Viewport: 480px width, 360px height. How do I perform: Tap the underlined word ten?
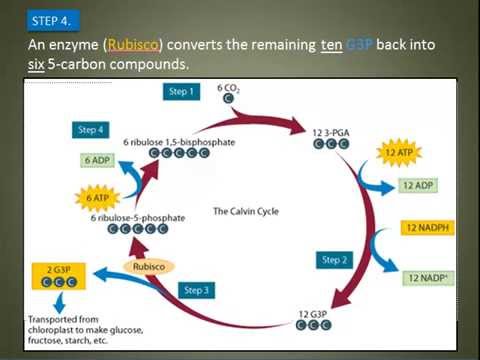332,46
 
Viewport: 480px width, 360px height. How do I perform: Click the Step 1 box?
182,91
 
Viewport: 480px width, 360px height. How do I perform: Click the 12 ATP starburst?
395,152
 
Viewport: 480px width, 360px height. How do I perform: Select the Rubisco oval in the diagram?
149,267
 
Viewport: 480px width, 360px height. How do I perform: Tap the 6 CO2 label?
229,89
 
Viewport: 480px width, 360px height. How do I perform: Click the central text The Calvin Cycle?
243,211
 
